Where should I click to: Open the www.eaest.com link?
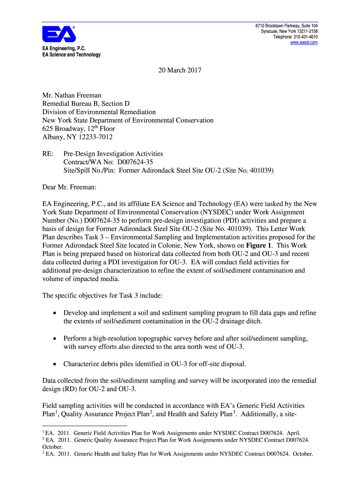click(304, 43)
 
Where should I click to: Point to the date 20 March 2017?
click(180, 71)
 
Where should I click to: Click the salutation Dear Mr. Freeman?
click(69, 187)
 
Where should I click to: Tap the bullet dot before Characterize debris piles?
click(56, 363)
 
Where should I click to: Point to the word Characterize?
click(81, 363)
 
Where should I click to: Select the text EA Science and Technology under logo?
click(71, 55)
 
